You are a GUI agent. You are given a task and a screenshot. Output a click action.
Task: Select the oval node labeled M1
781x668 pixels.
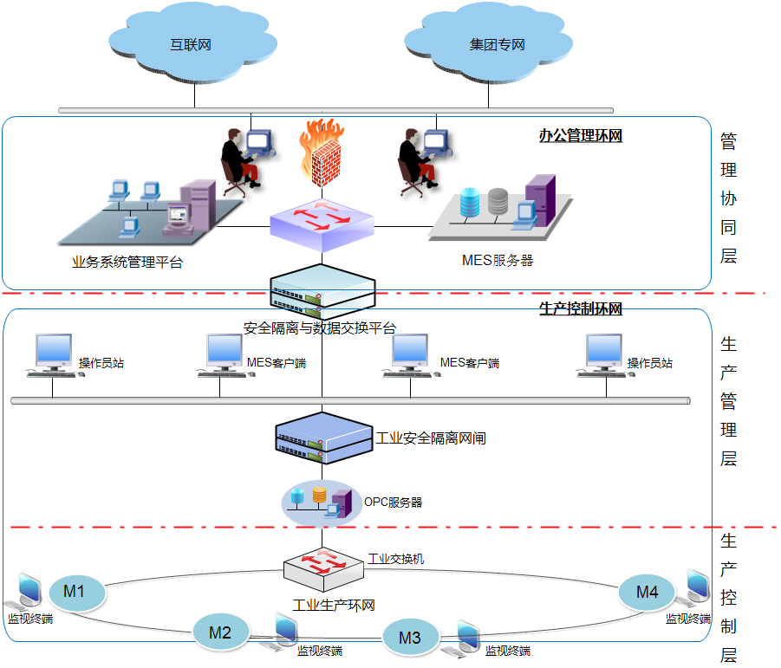(74, 593)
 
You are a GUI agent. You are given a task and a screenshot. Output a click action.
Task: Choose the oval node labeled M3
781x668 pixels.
(410, 639)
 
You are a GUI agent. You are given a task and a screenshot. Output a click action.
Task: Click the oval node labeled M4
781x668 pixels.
(648, 593)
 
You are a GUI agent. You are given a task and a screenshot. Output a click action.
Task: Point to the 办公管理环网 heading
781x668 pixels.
(580, 136)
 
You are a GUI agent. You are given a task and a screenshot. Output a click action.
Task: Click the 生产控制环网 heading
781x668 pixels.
(580, 309)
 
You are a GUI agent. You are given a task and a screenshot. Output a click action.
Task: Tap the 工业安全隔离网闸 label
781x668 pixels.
(431, 438)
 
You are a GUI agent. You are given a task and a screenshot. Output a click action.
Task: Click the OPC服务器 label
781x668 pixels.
(393, 503)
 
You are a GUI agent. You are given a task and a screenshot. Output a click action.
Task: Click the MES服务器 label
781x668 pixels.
(498, 260)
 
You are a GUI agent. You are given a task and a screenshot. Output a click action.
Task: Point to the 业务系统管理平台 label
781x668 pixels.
(127, 262)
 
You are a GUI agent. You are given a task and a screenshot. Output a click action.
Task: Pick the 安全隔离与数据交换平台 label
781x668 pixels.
(320, 328)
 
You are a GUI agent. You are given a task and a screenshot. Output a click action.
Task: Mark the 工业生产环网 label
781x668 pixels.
(334, 605)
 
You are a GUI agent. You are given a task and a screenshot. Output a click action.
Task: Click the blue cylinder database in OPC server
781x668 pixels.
(299, 496)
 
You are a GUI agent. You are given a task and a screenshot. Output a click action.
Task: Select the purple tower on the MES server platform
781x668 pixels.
(540, 198)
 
